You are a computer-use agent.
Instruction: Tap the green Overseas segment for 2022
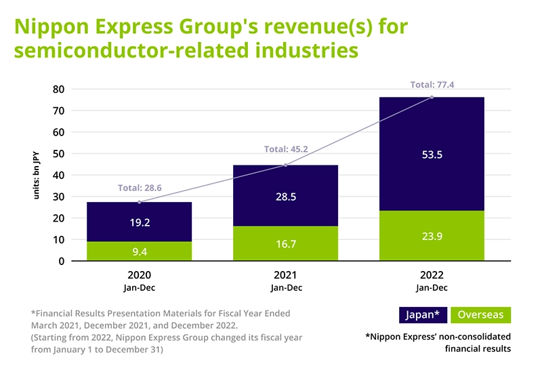tap(432, 224)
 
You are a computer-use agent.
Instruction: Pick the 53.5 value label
tap(432, 155)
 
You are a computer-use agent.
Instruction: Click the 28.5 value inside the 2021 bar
tap(285, 197)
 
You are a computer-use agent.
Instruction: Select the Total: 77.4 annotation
tap(433, 85)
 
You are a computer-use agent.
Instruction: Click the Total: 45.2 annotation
tap(286, 149)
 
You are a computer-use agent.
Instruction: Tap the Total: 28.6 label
tap(140, 187)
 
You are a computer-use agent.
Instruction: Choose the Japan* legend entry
tap(422, 315)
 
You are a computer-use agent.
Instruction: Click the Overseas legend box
tap(481, 315)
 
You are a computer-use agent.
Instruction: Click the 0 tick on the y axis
tap(61, 261)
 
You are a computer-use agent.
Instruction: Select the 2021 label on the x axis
tap(286, 275)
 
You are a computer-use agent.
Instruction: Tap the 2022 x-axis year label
tap(432, 275)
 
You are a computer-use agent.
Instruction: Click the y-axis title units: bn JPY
tap(38, 175)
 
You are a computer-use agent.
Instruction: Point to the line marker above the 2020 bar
tap(140, 202)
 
